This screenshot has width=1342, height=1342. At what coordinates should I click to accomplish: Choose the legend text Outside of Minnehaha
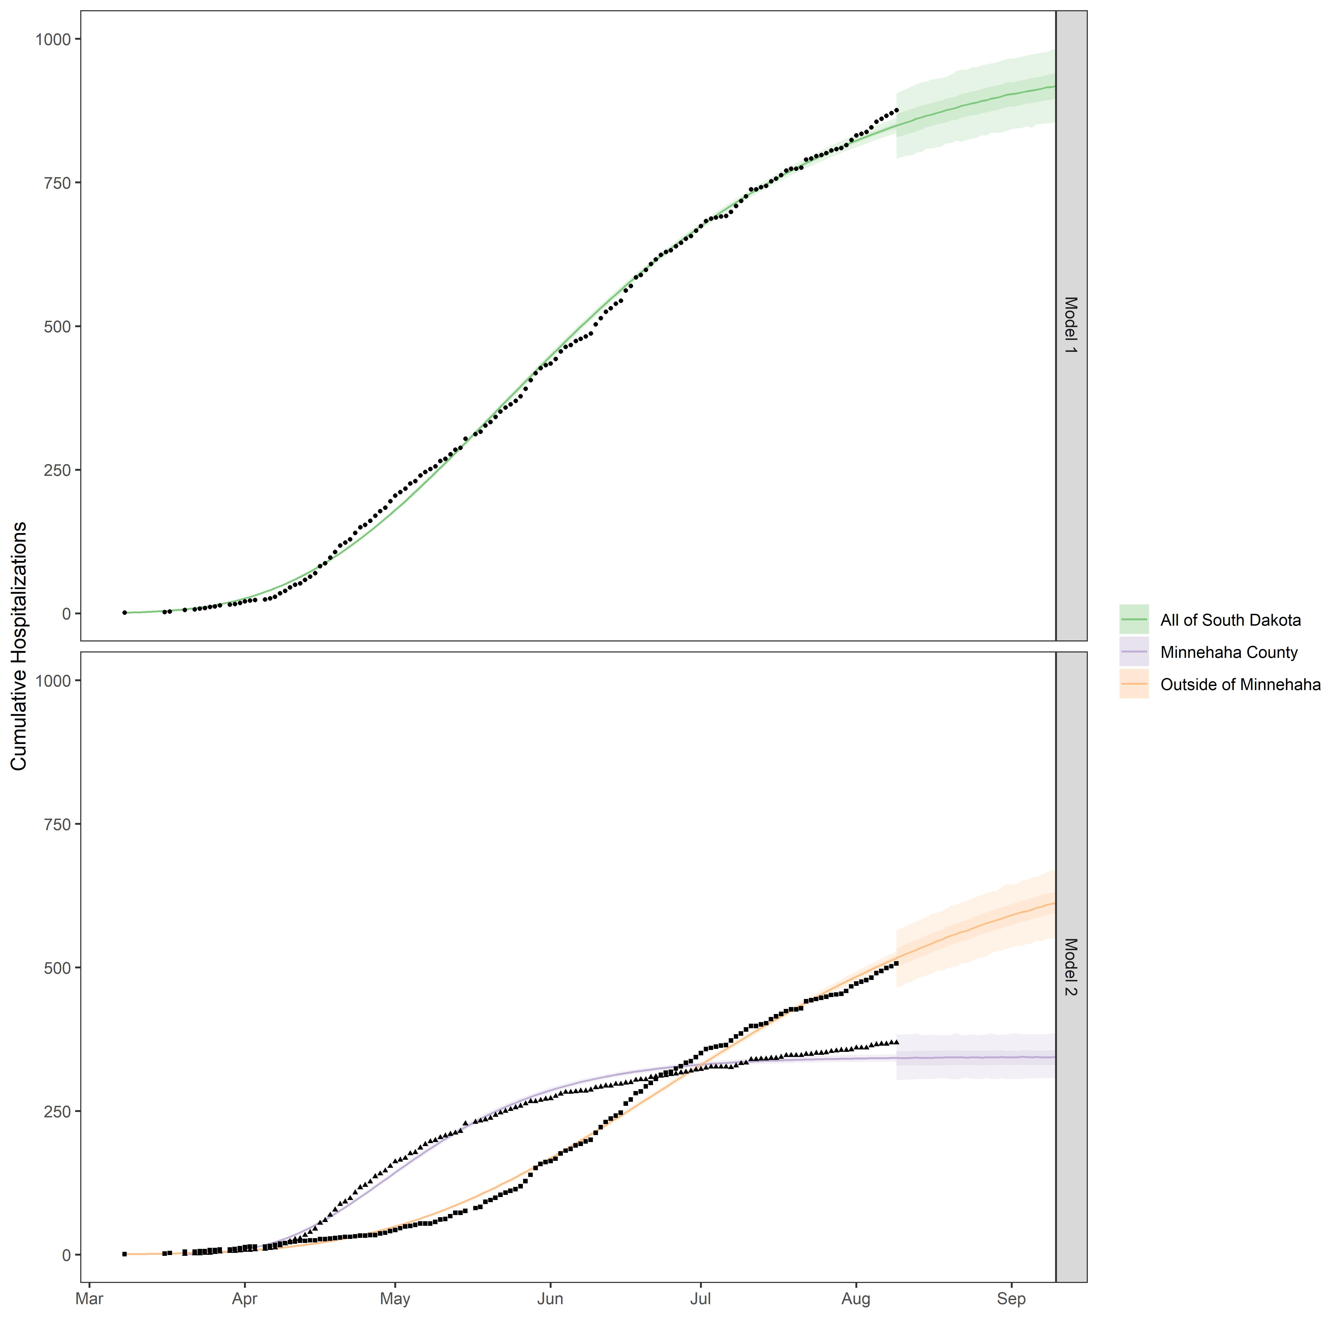1240,685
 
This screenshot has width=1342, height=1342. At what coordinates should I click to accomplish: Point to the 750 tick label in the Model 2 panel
58,825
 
